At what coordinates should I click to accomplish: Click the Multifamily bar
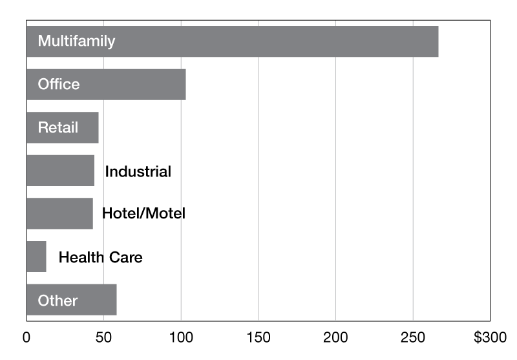tap(233, 41)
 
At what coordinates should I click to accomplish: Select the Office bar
tap(106, 85)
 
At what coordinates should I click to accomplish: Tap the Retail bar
tap(62, 127)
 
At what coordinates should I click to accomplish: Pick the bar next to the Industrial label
tap(60, 171)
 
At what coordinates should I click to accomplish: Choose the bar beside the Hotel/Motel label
tap(59, 214)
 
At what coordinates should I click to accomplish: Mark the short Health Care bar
tap(36, 257)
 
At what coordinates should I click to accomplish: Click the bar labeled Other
tap(71, 300)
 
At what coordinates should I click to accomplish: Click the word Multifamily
tap(76, 41)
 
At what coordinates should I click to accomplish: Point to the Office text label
tap(59, 84)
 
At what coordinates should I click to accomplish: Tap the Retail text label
tap(58, 127)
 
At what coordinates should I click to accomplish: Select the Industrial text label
tap(138, 171)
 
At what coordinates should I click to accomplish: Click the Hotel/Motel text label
tap(143, 213)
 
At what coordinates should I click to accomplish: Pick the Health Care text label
tap(101, 257)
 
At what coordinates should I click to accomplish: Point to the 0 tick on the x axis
tap(26, 337)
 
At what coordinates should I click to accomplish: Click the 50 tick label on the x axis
tap(103, 337)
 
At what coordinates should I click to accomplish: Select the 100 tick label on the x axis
tap(181, 337)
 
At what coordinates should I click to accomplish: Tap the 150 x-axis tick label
tap(258, 337)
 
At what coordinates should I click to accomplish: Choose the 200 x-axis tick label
tap(335, 337)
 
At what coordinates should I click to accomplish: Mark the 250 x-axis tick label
tap(413, 337)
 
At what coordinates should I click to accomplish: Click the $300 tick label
tap(491, 337)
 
